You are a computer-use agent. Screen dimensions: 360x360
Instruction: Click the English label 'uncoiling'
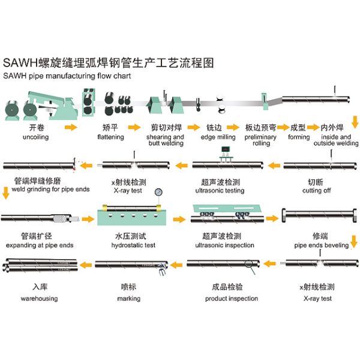pyautogui.click(x=36, y=137)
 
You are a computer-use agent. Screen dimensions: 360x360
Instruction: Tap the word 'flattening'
pyautogui.click(x=110, y=137)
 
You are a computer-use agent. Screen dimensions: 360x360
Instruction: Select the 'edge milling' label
pyautogui.click(x=218, y=137)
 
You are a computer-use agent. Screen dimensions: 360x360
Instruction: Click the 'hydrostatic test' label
pyautogui.click(x=133, y=245)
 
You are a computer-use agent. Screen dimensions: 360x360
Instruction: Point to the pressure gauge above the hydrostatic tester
pyautogui.click(x=158, y=192)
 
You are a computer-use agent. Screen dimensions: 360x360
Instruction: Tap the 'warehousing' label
pyautogui.click(x=39, y=298)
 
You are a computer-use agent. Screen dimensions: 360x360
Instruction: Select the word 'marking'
pyautogui.click(x=129, y=298)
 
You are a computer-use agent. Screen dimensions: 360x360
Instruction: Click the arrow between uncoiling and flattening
pyautogui.click(x=71, y=127)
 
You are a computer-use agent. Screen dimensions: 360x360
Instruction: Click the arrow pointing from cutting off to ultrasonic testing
pyautogui.click(x=274, y=166)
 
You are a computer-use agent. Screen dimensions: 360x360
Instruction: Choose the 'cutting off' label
pyautogui.click(x=317, y=190)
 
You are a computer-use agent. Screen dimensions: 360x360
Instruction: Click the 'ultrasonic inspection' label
pyautogui.click(x=224, y=245)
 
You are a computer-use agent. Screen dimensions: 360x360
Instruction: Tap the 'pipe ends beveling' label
pyautogui.click(x=322, y=245)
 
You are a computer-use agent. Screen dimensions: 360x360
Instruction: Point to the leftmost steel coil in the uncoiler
pyautogui.click(x=12, y=110)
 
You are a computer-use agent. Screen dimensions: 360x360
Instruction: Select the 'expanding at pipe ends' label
pyautogui.click(x=40, y=245)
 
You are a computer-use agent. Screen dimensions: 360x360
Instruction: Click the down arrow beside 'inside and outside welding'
pyautogui.click(x=355, y=122)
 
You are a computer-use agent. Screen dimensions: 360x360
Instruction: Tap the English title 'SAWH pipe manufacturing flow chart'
pyautogui.click(x=67, y=76)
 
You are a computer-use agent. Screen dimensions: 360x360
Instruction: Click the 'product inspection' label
pyautogui.click(x=232, y=298)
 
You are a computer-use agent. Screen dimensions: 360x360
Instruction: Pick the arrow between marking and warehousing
pyautogui.click(x=86, y=265)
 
